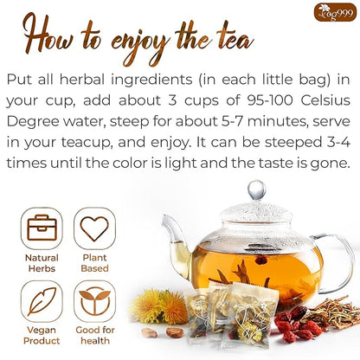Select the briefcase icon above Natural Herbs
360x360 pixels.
(x=42, y=228)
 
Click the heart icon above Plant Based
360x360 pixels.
(x=94, y=228)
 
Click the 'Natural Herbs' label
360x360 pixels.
(x=42, y=263)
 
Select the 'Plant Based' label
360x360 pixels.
(x=94, y=263)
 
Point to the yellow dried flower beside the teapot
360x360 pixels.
(x=158, y=305)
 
